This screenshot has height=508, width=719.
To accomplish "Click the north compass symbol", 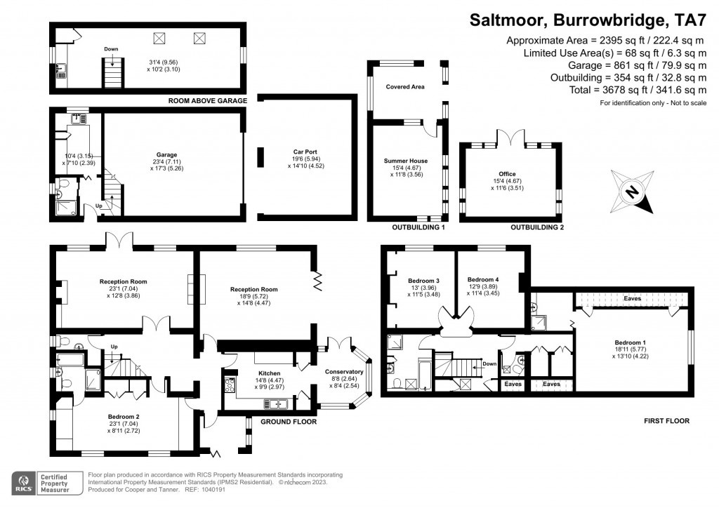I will pyautogui.click(x=634, y=193).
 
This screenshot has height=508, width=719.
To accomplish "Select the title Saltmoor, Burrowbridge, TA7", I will pyautogui.click(x=588, y=20).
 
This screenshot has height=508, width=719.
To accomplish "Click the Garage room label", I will pyautogui.click(x=166, y=155).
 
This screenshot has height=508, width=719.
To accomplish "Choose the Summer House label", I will pyautogui.click(x=405, y=161).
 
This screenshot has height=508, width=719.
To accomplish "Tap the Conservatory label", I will pyautogui.click(x=344, y=372).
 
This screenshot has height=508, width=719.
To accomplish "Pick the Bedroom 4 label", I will pyautogui.click(x=482, y=279).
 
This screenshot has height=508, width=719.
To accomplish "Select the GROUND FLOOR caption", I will pyautogui.click(x=288, y=422).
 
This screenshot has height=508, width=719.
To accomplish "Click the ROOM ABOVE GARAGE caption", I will pyautogui.click(x=207, y=101).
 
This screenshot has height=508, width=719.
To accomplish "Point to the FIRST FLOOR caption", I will pyautogui.click(x=666, y=421).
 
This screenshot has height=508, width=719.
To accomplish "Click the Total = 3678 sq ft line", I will pyautogui.click(x=638, y=90).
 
